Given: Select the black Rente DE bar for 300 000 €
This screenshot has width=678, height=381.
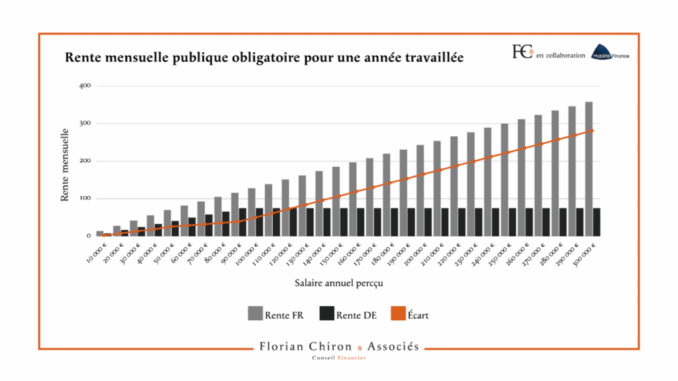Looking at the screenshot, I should click(x=596, y=222).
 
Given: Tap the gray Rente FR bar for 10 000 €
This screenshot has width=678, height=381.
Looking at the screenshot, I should click(x=100, y=233).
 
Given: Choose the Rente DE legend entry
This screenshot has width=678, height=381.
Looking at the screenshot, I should click(x=347, y=315).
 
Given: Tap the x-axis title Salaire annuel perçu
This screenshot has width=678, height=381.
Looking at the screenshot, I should click(x=340, y=283).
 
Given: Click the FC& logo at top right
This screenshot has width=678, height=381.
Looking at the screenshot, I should click(x=522, y=52).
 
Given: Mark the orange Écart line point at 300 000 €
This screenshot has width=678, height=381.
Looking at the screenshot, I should click(x=592, y=130).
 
